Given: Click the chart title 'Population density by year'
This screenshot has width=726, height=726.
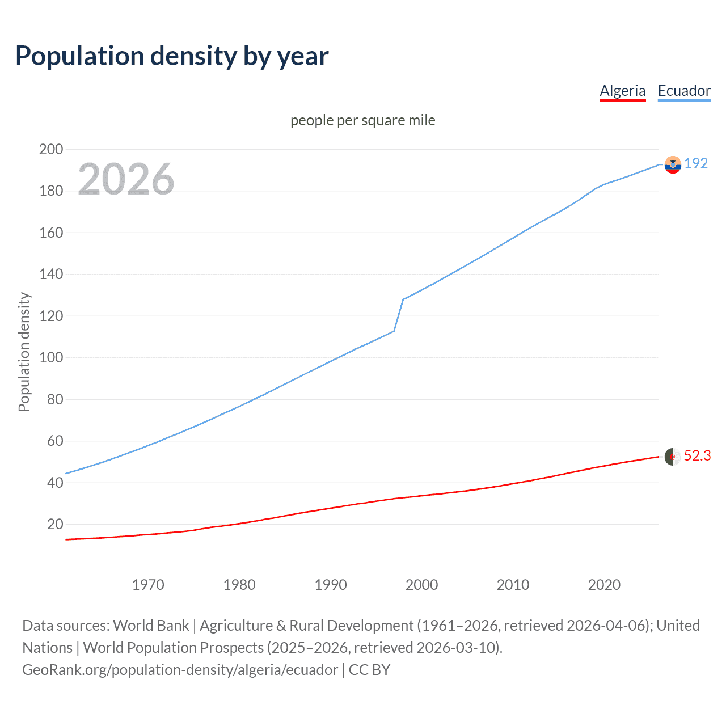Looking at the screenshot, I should [172, 56].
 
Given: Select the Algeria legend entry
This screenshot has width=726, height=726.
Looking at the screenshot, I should [622, 91].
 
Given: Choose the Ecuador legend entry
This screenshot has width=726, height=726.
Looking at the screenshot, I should [684, 91].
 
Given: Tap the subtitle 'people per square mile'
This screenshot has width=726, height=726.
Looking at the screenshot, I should [363, 120].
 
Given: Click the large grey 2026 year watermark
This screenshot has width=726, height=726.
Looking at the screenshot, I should [126, 179].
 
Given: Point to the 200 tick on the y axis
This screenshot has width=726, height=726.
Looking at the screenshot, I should [51, 149].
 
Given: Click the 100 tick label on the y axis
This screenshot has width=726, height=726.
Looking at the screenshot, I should [51, 357].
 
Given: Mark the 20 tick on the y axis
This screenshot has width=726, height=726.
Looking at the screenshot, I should [55, 524].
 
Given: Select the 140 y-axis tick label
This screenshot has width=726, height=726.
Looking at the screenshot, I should [51, 274].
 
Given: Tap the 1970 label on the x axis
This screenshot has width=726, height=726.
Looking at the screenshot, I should [148, 585].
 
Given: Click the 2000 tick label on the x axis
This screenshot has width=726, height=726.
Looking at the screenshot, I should [421, 585].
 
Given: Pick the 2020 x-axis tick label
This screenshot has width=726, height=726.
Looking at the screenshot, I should [604, 585].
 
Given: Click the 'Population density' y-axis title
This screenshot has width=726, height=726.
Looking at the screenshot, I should [24, 352].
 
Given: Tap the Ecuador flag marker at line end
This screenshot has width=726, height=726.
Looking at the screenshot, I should [673, 164].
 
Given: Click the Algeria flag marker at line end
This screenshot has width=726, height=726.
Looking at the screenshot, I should [673, 457].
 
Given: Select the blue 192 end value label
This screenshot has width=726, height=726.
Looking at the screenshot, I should [696, 163].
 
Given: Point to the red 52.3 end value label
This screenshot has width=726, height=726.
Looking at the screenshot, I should [697, 455].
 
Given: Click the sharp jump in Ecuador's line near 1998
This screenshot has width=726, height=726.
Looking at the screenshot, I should [399, 315].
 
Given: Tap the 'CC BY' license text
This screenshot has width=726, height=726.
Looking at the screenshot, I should [369, 670].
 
